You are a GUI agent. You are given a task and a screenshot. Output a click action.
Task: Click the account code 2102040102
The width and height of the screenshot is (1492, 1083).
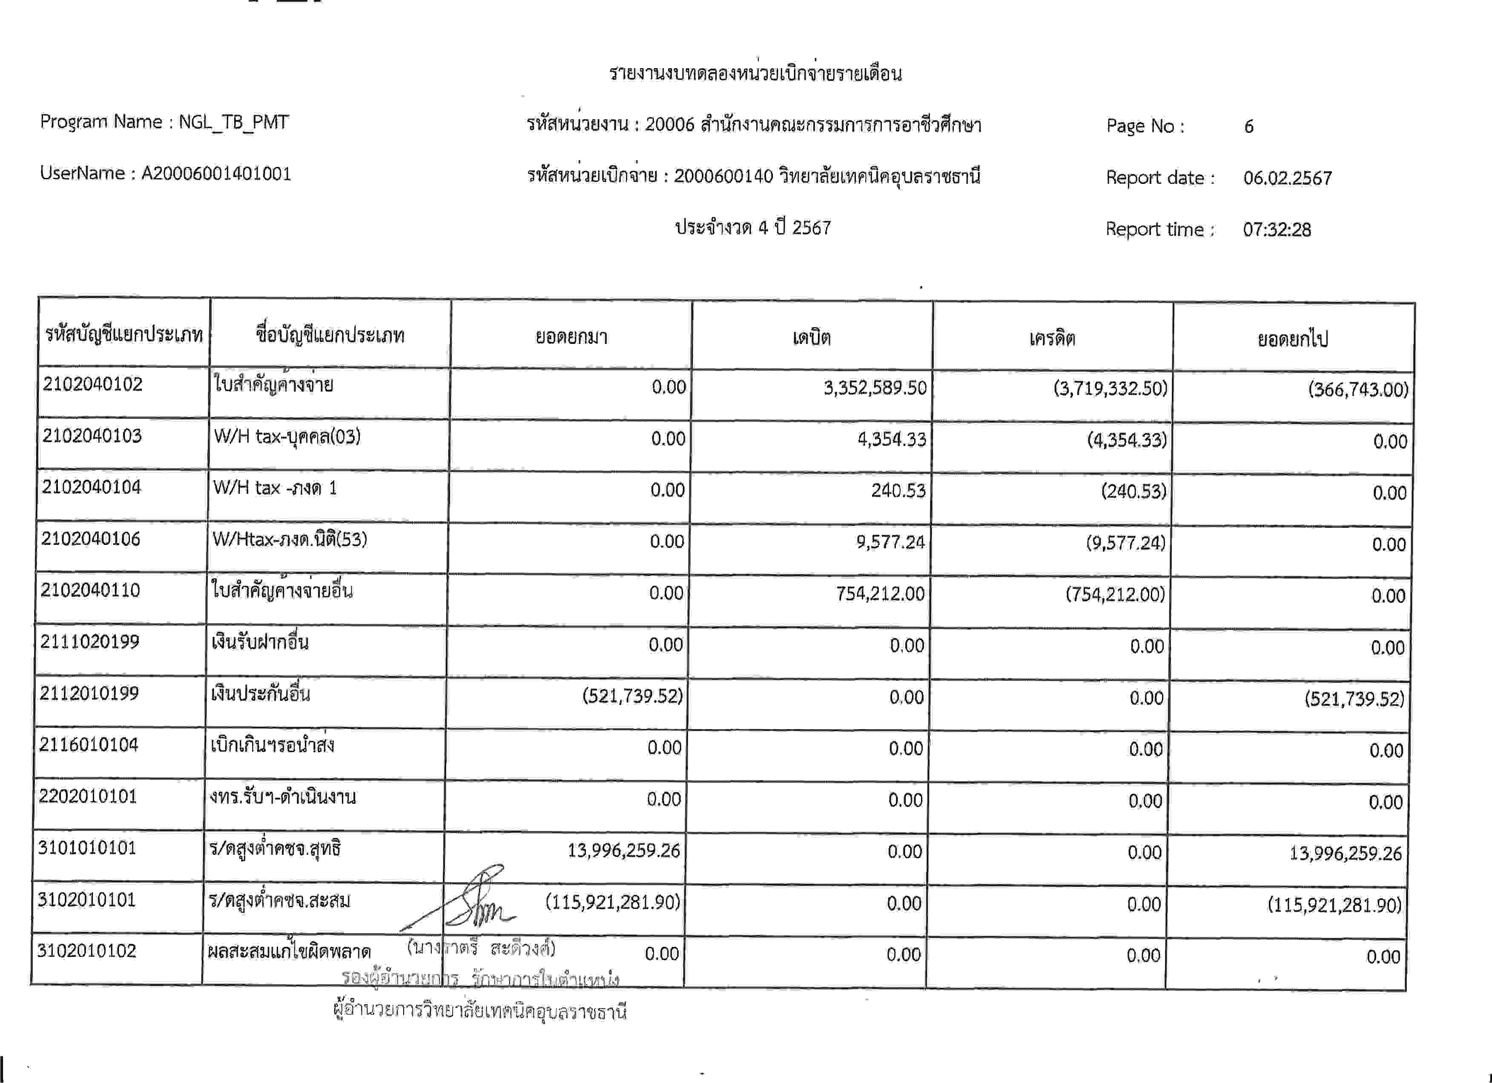93,384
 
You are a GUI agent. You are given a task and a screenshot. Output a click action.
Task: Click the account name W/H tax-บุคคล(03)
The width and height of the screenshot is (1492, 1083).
287,437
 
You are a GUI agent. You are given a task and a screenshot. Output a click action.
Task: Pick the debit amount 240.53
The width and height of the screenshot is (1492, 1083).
898,490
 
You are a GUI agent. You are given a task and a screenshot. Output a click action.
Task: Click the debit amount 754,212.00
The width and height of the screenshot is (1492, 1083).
880,594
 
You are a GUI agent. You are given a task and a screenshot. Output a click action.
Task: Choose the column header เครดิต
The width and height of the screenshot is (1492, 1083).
1052,338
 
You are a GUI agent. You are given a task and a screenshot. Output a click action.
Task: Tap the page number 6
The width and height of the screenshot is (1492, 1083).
1248,126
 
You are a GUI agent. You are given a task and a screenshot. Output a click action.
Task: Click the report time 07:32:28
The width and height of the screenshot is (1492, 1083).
1276,229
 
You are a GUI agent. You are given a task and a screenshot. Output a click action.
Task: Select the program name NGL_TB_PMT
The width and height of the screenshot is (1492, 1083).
233,122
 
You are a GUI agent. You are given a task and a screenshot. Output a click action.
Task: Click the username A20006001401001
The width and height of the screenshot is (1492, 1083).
216,174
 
